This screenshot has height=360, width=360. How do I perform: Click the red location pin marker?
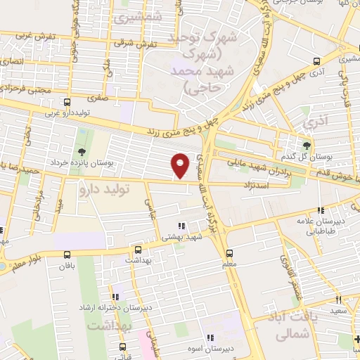point(181,165)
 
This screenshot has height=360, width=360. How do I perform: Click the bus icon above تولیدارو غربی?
point(67,102)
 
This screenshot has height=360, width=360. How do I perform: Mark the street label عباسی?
point(149,205)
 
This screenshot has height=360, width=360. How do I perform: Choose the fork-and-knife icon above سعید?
point(339,298)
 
